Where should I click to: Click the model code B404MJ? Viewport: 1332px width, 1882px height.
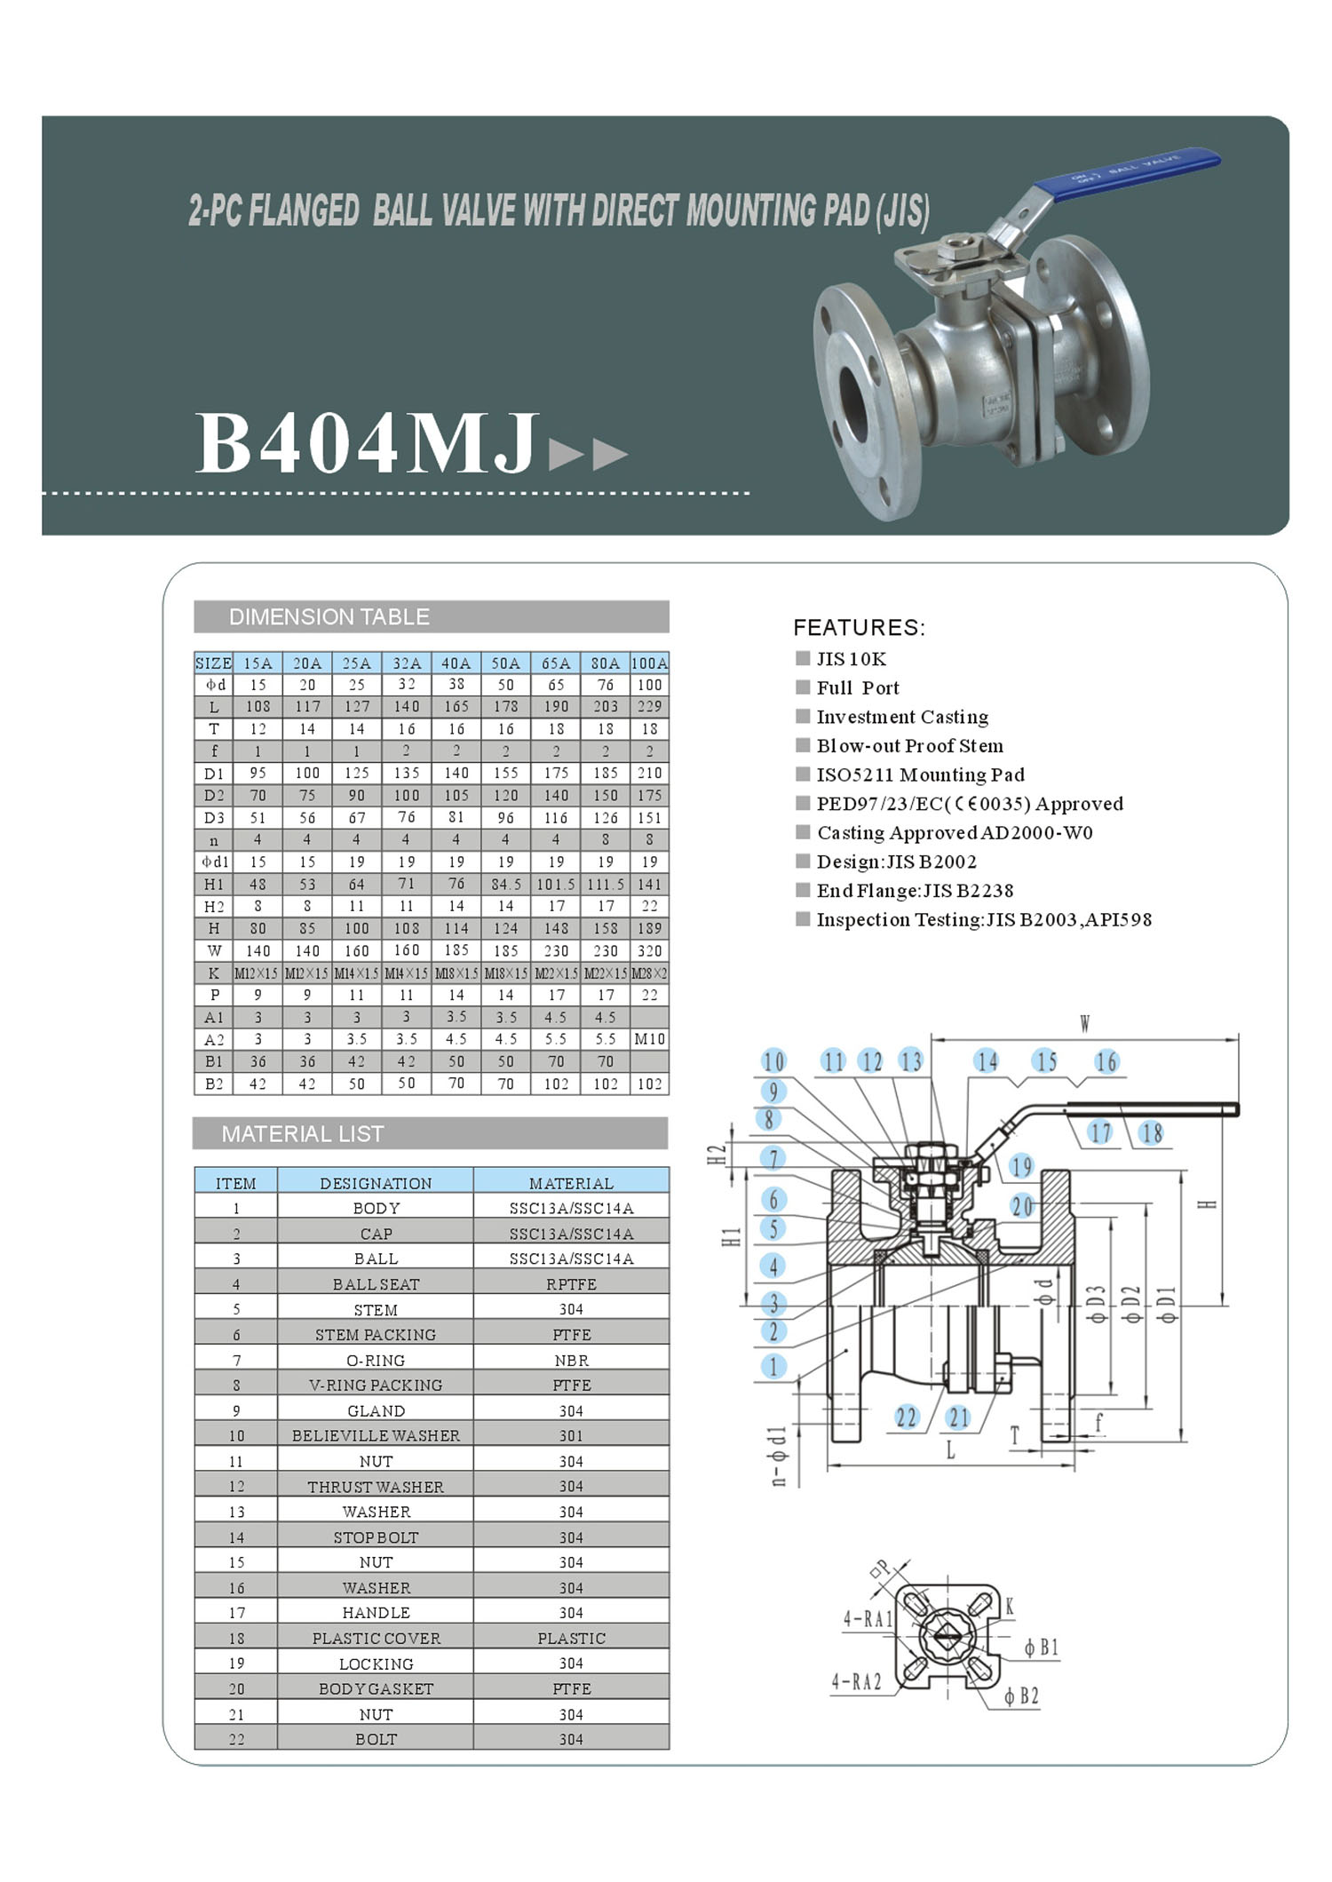coord(366,441)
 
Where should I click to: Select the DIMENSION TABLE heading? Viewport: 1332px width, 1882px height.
coord(329,617)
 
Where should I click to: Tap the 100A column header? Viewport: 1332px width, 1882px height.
coord(649,663)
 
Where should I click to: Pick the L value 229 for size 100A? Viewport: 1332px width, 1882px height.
coord(649,706)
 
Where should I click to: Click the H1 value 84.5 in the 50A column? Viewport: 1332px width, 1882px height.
coord(506,884)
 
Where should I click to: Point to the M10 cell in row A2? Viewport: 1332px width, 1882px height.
coord(649,1039)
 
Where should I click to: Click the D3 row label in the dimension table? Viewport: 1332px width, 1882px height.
coord(214,817)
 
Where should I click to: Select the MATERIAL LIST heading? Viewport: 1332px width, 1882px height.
coord(303,1134)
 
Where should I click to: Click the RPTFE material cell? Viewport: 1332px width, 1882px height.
coord(571,1284)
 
